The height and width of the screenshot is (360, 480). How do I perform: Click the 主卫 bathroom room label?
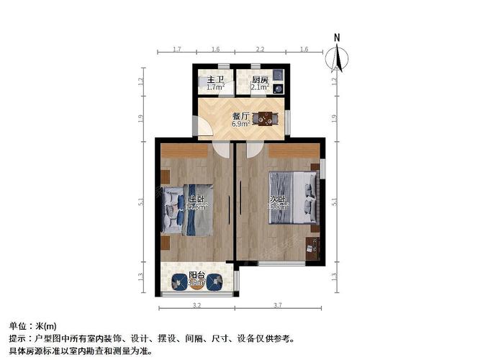click(x=213, y=80)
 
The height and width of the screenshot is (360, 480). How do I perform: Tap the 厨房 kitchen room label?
click(x=260, y=80)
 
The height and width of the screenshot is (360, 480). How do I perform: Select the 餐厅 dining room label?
click(x=240, y=115)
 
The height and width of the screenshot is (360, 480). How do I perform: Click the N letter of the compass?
click(x=336, y=37)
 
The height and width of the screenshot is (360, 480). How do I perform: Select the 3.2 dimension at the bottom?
click(x=197, y=305)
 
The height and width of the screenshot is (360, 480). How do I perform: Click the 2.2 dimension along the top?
click(x=260, y=50)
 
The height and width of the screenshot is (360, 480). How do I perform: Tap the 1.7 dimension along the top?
click(x=176, y=50)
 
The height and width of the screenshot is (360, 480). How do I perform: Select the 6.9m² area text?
click(x=240, y=123)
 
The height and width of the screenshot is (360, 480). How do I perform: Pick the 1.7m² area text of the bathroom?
click(x=214, y=88)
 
